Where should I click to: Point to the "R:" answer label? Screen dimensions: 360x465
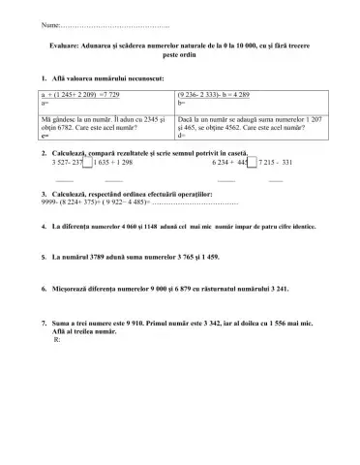click(x=58, y=340)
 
